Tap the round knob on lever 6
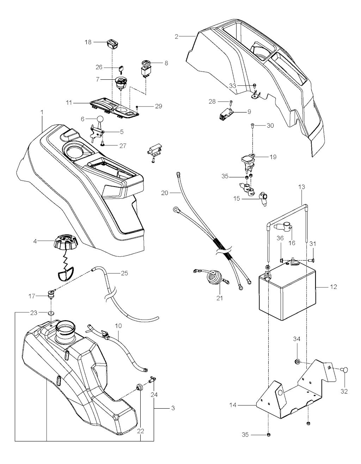100,119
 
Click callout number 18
88,42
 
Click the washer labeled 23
51,313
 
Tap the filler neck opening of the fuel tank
65,329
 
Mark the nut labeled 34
297,361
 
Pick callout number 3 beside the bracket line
173,408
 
